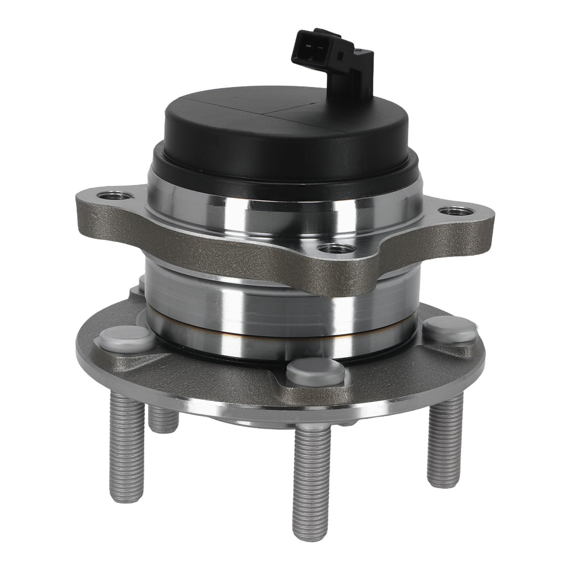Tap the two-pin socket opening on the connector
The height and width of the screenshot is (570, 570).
(308, 44)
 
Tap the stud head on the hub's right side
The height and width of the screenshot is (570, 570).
(450, 329)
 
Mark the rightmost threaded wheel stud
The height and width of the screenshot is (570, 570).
(445, 442)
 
